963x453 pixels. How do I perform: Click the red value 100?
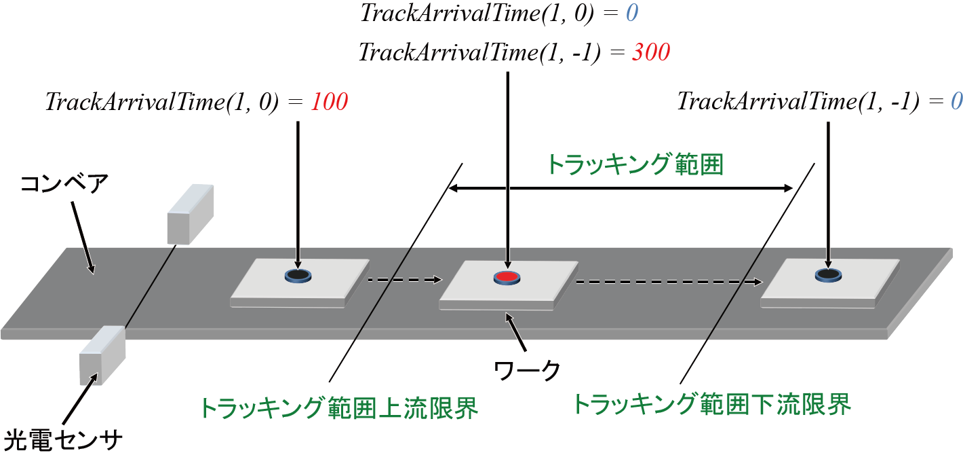coord(329,102)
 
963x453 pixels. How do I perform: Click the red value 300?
coord(650,52)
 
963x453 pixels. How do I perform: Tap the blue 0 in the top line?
coord(631,14)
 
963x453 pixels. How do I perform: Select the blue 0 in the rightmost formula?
coord(956,102)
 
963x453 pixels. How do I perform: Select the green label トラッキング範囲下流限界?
coord(711,405)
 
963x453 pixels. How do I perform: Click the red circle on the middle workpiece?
coord(507,276)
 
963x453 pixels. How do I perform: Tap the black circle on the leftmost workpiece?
coord(298,275)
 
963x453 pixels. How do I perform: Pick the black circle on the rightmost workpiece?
coord(828,274)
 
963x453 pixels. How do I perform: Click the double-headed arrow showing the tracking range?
coord(623,187)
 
